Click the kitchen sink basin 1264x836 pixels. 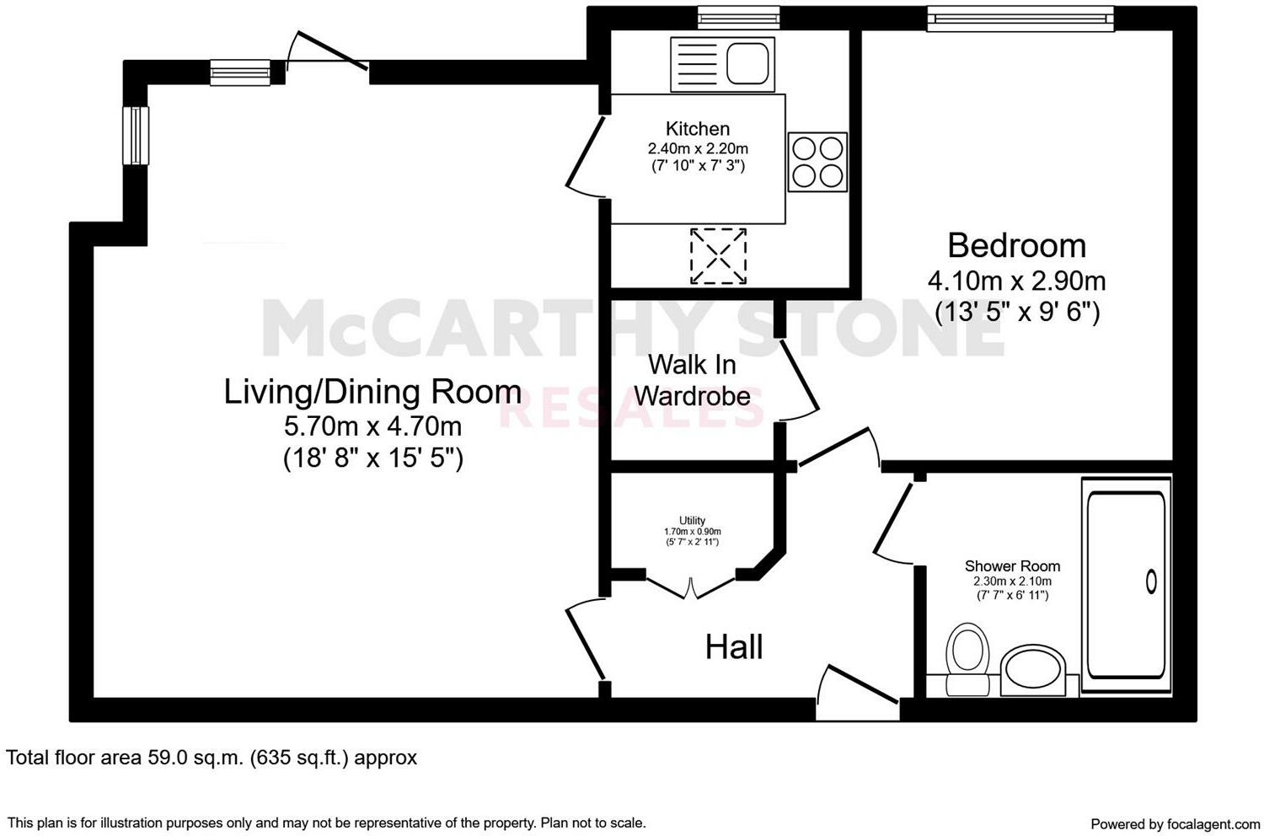[747, 63]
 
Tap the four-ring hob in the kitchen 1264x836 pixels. [817, 162]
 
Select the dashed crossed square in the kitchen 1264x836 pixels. [718, 255]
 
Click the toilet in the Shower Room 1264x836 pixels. [967, 659]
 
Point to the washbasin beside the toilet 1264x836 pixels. [1032, 671]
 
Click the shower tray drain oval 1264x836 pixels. [1151, 581]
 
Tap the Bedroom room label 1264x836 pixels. [1017, 245]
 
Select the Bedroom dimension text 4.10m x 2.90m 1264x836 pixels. [1017, 281]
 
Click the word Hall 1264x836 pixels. [734, 647]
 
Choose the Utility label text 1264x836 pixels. [693, 521]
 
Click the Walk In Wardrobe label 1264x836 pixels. [693, 380]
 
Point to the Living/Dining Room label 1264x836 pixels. [372, 391]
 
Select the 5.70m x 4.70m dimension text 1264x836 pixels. [372, 426]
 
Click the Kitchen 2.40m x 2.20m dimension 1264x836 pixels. [698, 148]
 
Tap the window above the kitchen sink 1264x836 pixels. [739, 18]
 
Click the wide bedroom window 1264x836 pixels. [1020, 19]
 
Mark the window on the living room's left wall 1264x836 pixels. [136, 136]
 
